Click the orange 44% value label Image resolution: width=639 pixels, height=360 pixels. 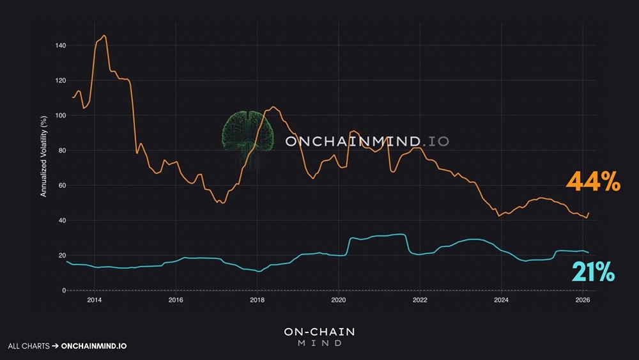click(593, 184)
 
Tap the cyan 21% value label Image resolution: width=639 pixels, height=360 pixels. click(593, 273)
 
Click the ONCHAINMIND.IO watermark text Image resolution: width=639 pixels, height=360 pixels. click(367, 141)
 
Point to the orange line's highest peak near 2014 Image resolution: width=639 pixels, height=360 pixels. click(104, 36)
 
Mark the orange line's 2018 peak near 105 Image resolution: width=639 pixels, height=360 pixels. click(273, 107)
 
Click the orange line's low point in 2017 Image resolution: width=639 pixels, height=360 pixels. click(222, 203)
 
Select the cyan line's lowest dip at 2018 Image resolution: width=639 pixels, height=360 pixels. click(258, 271)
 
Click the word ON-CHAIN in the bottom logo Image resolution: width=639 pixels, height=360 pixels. click(319, 332)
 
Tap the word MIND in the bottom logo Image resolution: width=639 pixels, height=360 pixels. click(319, 343)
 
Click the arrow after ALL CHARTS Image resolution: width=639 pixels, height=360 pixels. click(56, 346)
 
